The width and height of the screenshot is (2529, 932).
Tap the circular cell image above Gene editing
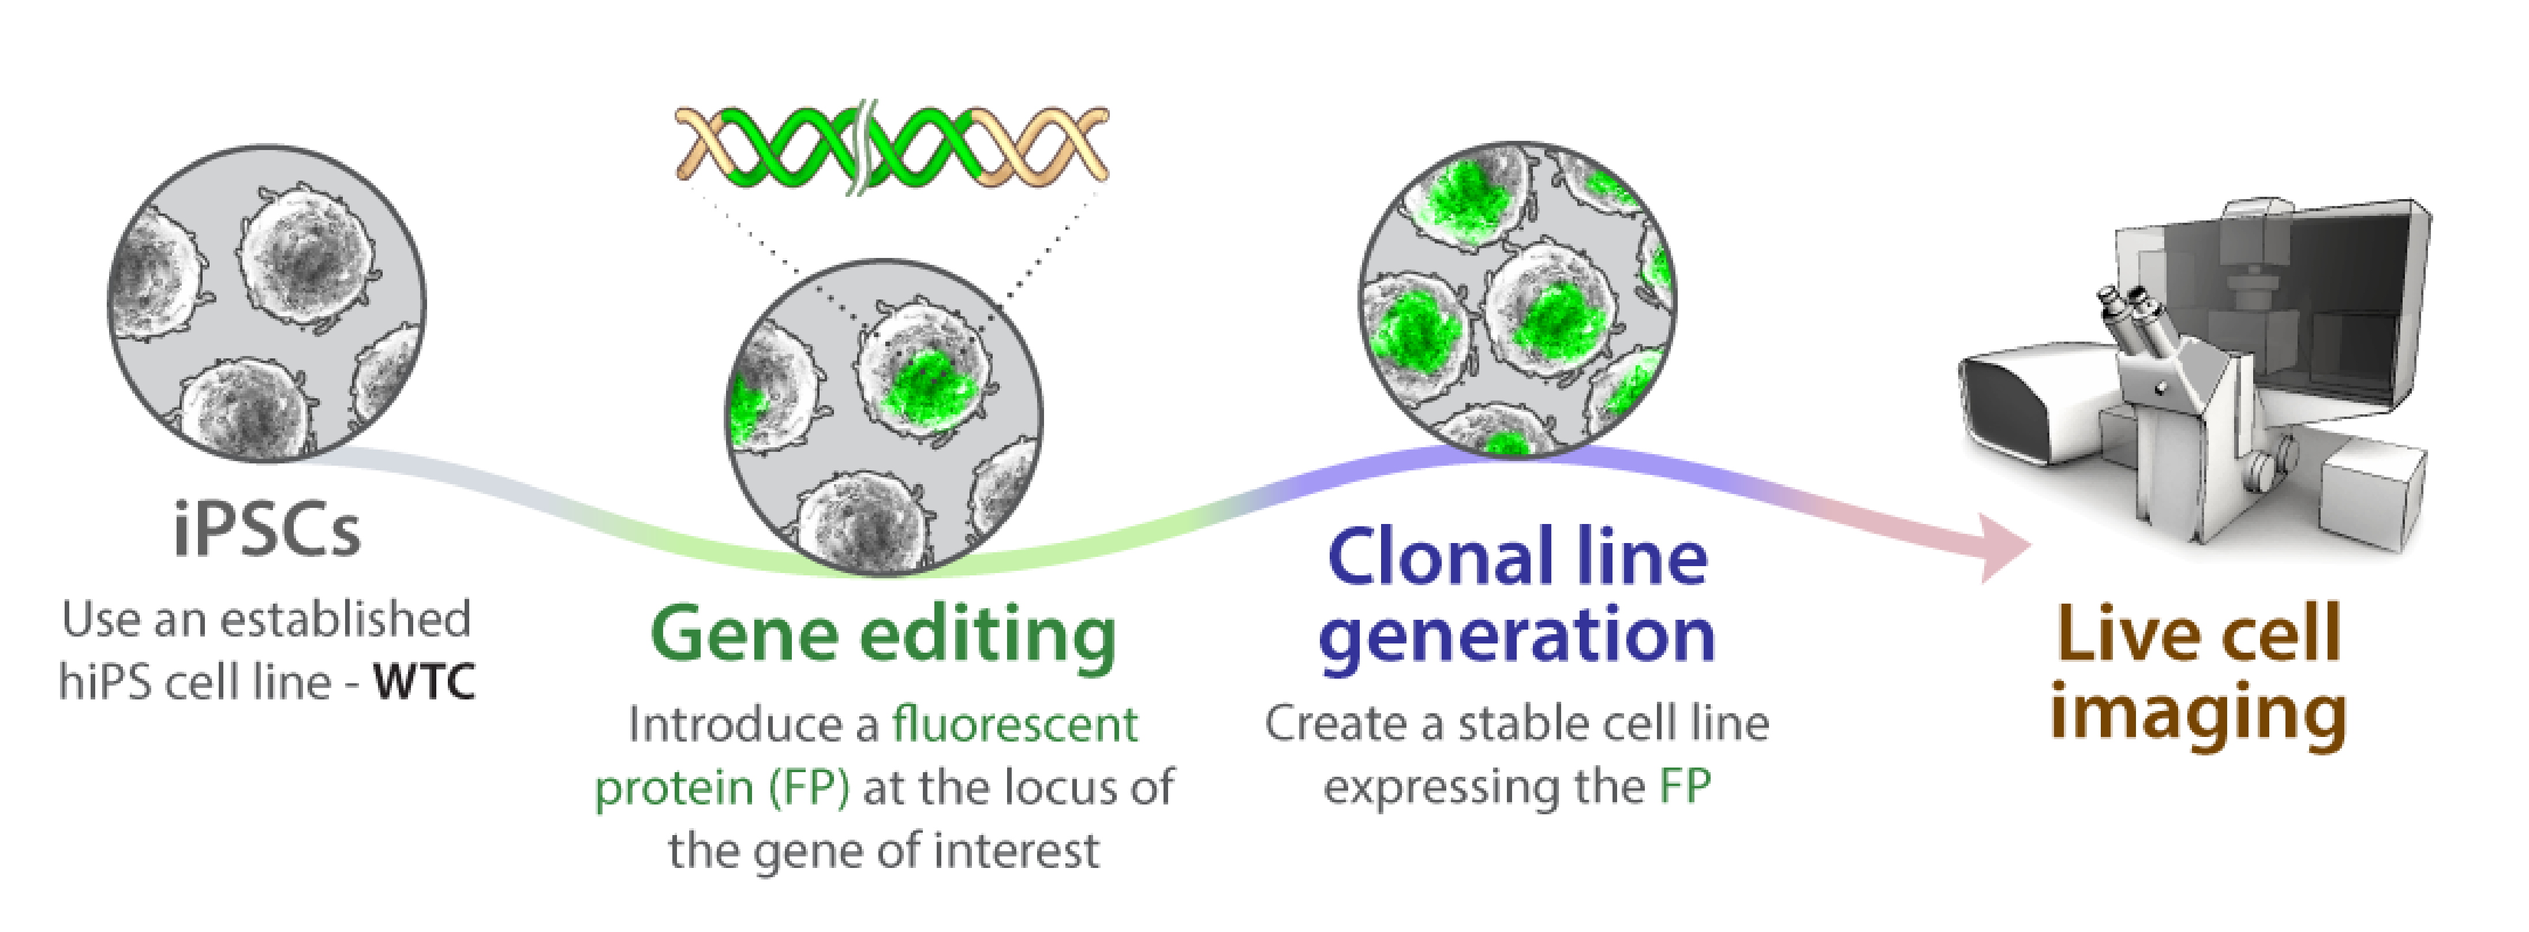[884, 417]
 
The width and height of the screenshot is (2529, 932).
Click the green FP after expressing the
[1685, 787]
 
